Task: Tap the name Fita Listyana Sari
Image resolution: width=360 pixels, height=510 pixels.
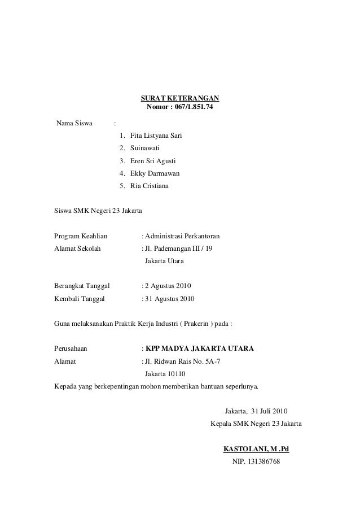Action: tap(156, 136)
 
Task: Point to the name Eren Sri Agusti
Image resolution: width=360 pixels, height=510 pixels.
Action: tap(152, 161)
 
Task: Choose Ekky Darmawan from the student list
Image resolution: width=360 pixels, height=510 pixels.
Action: tap(155, 173)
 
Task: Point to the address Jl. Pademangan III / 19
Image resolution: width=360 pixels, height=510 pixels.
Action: tap(180, 249)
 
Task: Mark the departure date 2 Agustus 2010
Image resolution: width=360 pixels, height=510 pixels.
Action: tap(169, 286)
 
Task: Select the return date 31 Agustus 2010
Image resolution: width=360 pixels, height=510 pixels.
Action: tap(171, 298)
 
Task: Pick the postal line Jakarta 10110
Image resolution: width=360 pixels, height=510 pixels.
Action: tap(165, 374)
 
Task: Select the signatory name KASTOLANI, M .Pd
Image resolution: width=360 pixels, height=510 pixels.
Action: tap(256, 450)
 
